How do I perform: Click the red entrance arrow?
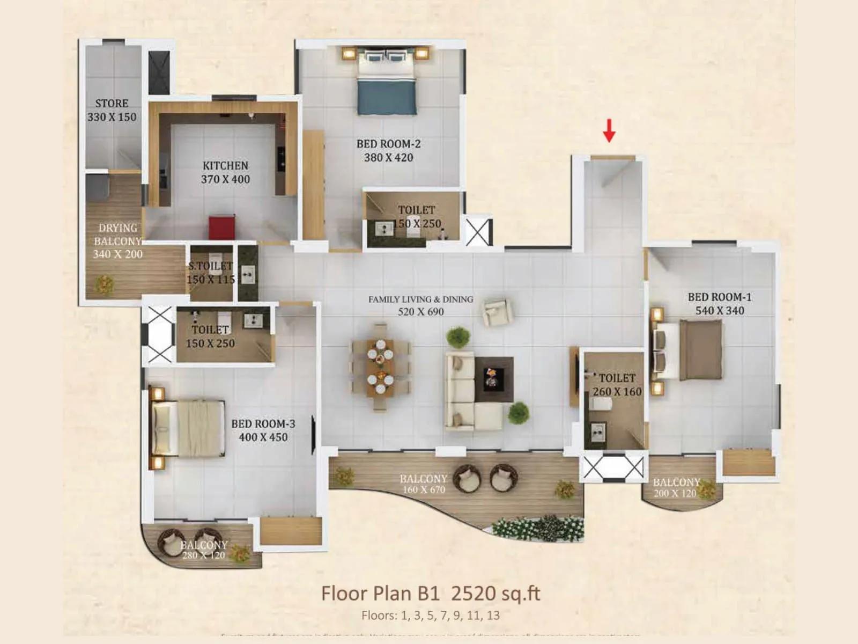[609, 130]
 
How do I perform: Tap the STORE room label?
[112, 110]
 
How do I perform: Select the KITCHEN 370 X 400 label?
[225, 172]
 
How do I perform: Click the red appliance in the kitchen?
[222, 227]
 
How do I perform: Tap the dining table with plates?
[380, 367]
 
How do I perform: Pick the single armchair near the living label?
[497, 312]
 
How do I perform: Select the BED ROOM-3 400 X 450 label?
[263, 430]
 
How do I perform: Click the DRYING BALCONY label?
[117, 240]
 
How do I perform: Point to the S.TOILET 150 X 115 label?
[211, 273]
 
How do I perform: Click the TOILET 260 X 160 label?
[617, 385]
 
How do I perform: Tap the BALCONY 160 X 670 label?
[423, 484]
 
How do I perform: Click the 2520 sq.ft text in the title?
[495, 594]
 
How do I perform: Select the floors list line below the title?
[430, 616]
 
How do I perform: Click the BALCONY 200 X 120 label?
[676, 487]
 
